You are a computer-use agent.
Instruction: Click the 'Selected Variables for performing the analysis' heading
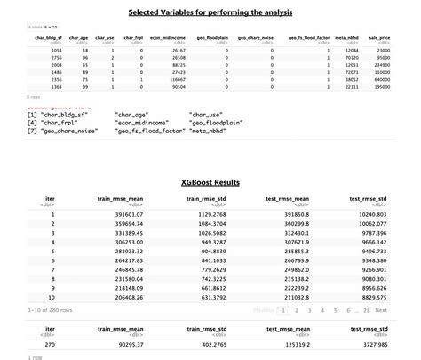(x=210, y=13)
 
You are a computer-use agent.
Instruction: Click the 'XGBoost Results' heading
(x=210, y=182)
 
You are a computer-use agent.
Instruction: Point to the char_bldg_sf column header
(x=50, y=39)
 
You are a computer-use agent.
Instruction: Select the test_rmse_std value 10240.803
(x=371, y=215)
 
